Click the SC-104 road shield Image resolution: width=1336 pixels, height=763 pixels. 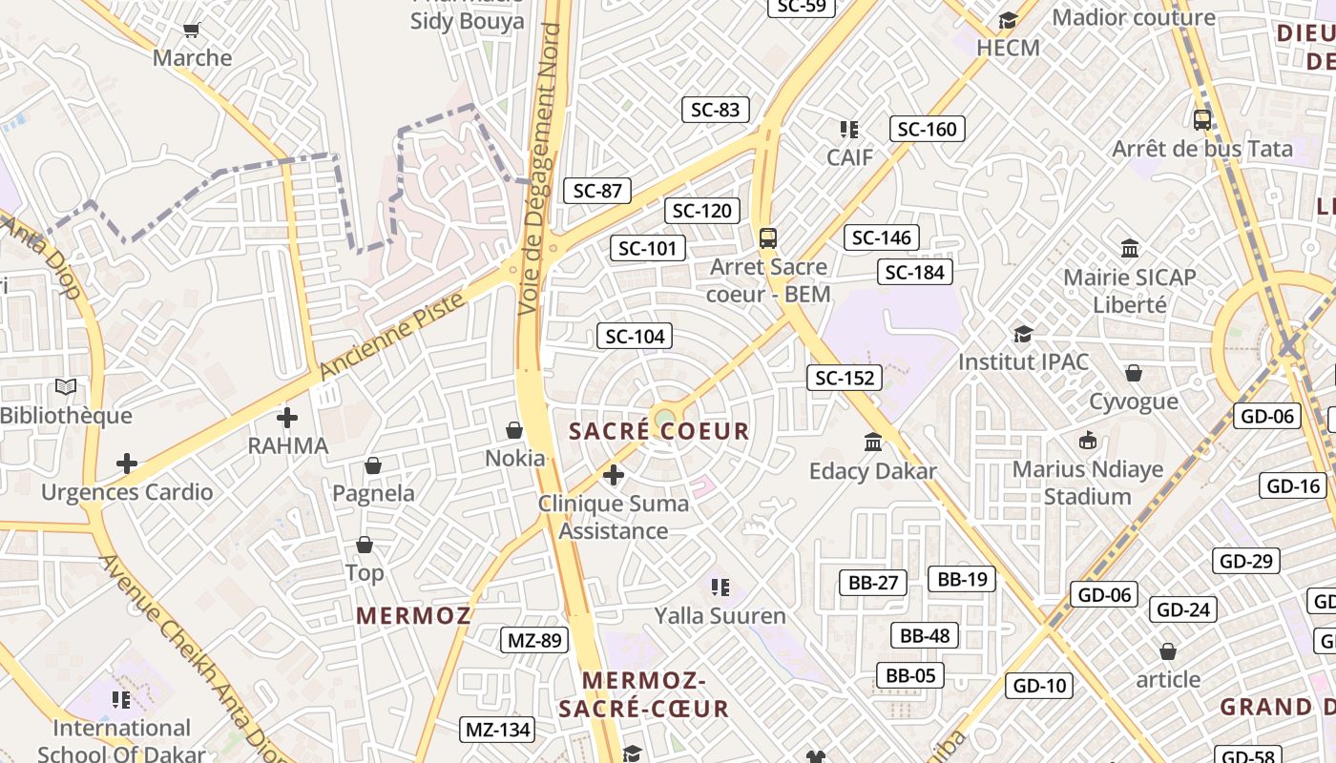[x=635, y=336]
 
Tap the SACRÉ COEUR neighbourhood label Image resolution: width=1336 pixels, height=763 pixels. [x=659, y=431]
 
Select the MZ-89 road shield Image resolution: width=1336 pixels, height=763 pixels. [x=534, y=640]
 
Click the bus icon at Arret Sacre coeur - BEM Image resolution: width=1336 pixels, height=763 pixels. [x=768, y=237]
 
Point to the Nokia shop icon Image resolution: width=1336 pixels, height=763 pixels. [x=514, y=431]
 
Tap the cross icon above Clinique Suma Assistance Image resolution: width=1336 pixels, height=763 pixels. [x=614, y=474]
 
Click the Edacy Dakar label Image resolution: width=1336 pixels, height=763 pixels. [x=872, y=471]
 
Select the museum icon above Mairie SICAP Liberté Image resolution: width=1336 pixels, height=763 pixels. [x=1130, y=249]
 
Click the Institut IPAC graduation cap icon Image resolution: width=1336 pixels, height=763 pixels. [x=1023, y=334]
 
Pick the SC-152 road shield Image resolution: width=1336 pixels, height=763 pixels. [x=845, y=378]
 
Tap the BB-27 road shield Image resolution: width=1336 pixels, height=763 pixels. [x=873, y=583]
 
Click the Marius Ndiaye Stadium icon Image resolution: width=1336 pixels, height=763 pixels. [x=1088, y=441]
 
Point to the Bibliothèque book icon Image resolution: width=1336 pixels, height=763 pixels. [x=66, y=387]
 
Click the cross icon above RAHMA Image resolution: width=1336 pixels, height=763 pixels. [x=287, y=418]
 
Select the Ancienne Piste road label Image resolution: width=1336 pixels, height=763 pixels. [x=392, y=337]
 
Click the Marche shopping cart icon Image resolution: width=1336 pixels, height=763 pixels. [x=192, y=31]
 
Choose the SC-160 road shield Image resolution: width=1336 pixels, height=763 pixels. [x=927, y=129]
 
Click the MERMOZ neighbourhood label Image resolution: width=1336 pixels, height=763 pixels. [x=414, y=616]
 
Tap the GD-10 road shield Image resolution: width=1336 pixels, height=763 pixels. [x=1039, y=686]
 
